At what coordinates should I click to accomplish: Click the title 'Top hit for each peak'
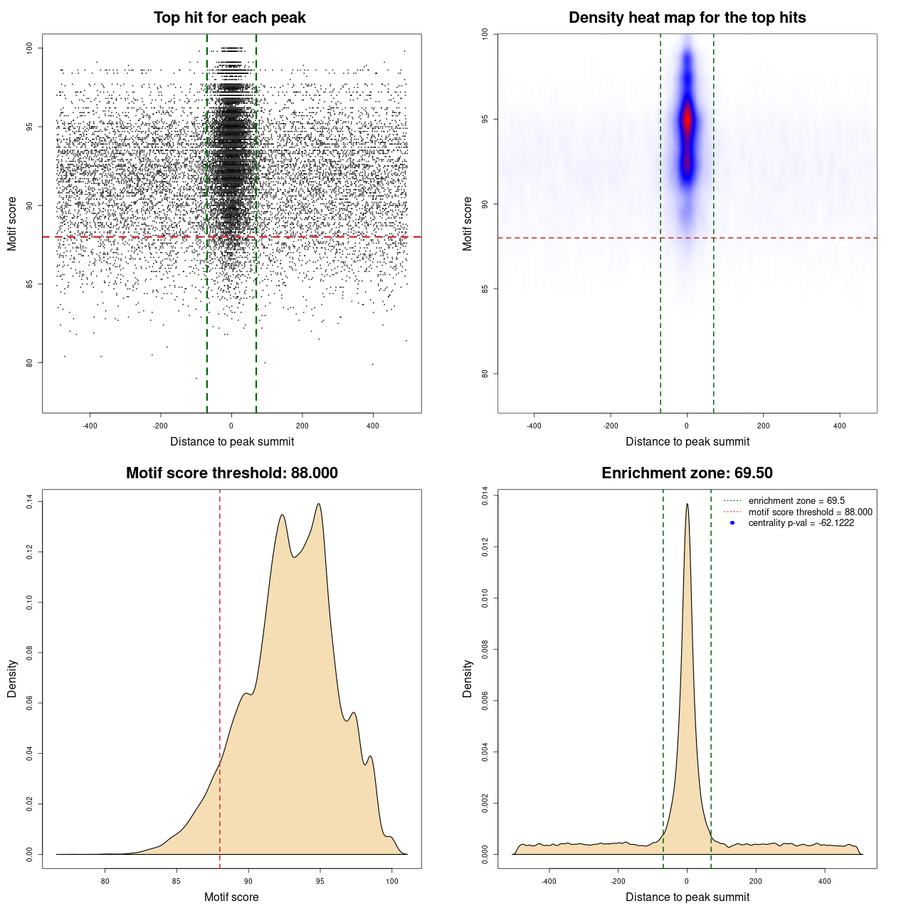[x=229, y=18]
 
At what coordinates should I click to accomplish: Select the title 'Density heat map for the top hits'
[x=687, y=18]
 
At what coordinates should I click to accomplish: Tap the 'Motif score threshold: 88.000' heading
[x=231, y=473]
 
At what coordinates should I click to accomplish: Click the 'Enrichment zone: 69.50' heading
[x=687, y=473]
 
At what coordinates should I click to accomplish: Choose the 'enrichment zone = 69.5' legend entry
[x=796, y=501]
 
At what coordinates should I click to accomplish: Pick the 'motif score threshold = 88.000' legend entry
[x=810, y=512]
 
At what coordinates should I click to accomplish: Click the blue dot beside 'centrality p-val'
[x=732, y=523]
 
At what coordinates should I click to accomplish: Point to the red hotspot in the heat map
[x=687, y=120]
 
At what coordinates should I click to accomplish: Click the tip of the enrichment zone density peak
[x=687, y=504]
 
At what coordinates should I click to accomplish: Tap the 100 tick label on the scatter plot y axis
[x=30, y=48]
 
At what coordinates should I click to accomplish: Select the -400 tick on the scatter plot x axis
[x=90, y=426]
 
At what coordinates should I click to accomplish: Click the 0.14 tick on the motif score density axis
[x=30, y=502]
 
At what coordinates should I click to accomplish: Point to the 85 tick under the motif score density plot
[x=177, y=881]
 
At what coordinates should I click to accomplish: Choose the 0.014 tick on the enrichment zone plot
[x=485, y=495]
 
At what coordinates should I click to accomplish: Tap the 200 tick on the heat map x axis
[x=764, y=426]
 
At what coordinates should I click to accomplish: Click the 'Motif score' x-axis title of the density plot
[x=231, y=897]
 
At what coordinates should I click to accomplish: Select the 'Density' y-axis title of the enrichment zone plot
[x=468, y=678]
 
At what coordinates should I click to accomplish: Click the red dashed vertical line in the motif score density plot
[x=219, y=641]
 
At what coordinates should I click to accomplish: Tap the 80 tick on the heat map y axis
[x=485, y=374]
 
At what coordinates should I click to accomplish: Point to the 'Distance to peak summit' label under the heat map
[x=687, y=441]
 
